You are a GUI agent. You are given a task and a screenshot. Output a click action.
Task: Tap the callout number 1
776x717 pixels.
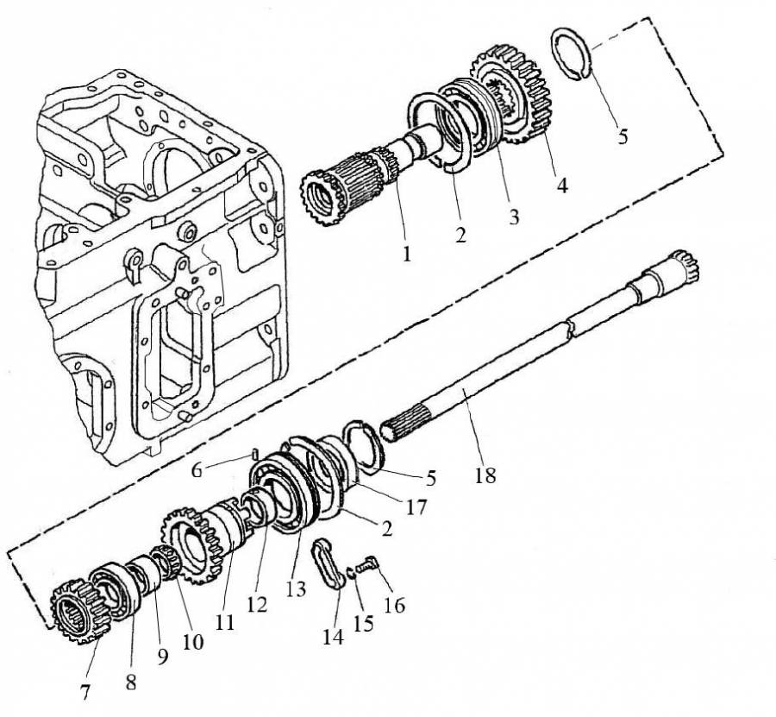tap(407, 255)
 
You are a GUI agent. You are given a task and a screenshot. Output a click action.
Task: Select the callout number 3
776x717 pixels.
tap(514, 217)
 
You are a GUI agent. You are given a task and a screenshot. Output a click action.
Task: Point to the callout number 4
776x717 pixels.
tap(561, 185)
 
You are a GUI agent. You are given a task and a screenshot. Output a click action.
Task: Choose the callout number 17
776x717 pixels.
tap(416, 509)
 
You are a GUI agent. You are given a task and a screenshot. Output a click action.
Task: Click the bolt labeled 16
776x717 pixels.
tap(376, 564)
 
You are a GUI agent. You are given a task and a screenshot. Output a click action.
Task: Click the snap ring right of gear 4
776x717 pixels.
tap(571, 53)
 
